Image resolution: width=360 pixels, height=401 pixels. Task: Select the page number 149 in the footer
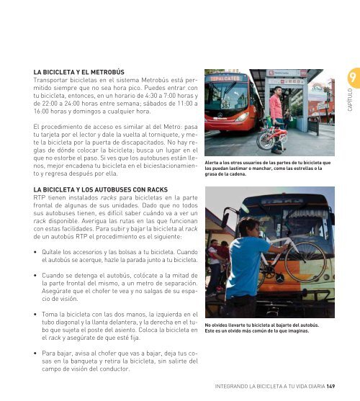coord(330,386)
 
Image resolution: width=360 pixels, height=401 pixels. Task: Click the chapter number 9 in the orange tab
coord(353,77)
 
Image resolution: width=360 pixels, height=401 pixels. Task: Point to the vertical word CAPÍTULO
coord(350,100)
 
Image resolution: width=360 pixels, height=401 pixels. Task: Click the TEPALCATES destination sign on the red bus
coord(225,78)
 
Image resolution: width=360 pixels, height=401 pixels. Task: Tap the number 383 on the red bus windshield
coord(225,106)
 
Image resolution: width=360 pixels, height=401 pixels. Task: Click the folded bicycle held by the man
coord(271,137)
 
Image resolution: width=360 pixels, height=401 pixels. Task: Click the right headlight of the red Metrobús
coord(241,117)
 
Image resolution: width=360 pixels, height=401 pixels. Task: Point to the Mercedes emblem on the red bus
coord(220,114)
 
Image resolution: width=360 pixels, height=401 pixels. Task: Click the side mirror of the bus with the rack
coord(225,220)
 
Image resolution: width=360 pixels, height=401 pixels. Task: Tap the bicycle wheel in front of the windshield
coord(305,261)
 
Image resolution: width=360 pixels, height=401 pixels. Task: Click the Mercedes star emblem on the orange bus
coord(280,278)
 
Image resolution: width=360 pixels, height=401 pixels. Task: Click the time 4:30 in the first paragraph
coord(151,96)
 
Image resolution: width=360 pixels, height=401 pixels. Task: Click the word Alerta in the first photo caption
coord(211,163)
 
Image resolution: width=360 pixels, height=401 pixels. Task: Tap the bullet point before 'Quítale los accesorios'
coord(35,252)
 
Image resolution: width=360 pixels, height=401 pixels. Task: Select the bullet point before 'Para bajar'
coord(35,353)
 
